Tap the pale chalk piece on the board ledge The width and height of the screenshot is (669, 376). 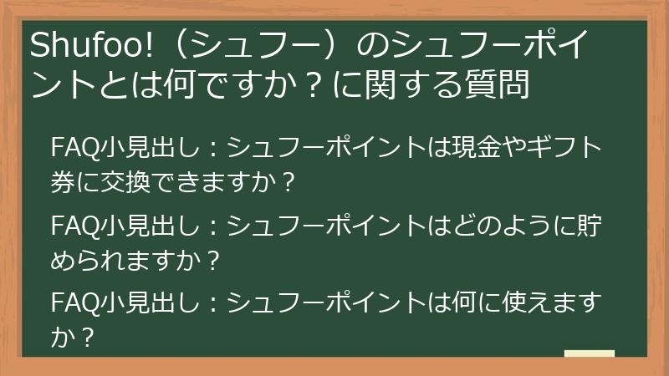click(589, 353)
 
